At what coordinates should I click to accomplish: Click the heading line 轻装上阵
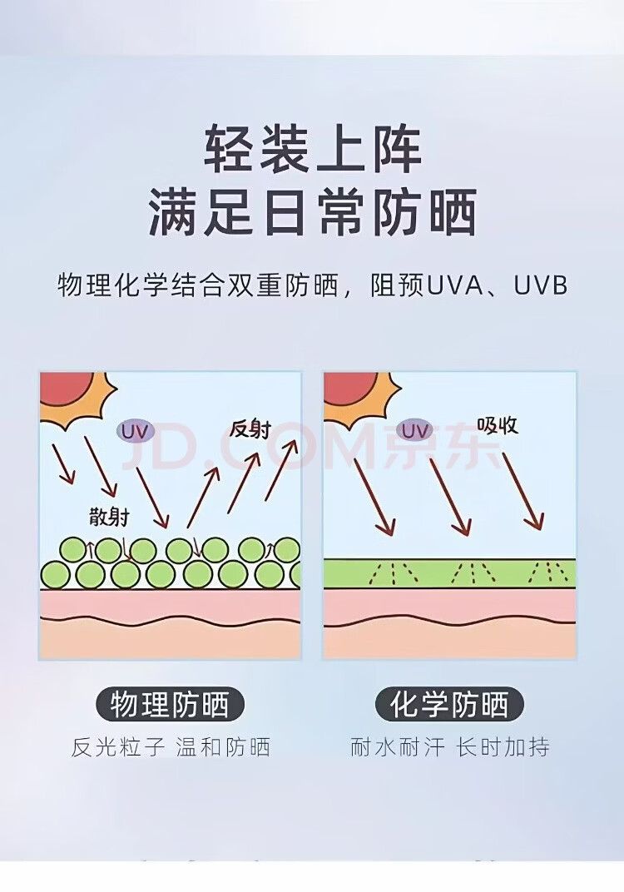tap(313, 149)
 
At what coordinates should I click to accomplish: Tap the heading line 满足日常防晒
tap(313, 212)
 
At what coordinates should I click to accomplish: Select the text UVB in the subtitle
tap(540, 285)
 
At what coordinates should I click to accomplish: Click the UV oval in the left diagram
tap(136, 431)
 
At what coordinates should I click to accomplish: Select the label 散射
tap(109, 516)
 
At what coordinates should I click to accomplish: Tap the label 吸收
tap(498, 425)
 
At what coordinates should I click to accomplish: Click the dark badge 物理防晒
tap(170, 705)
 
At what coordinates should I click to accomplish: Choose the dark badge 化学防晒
tap(450, 705)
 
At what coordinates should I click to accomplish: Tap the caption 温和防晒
tap(223, 747)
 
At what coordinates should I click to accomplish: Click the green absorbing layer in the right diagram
tap(449, 572)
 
